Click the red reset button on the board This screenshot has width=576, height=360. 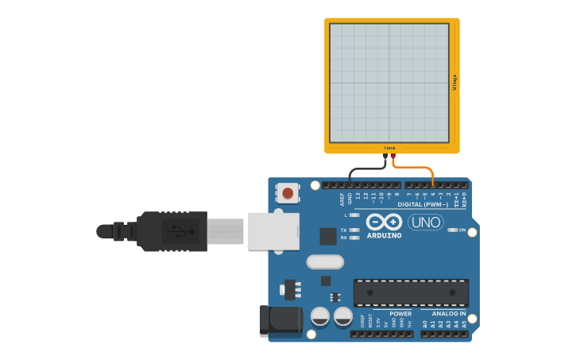288,192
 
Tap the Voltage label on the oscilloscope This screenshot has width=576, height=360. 454,82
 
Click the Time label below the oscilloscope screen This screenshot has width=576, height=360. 389,148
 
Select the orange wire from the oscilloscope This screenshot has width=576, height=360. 417,168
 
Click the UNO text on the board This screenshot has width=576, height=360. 426,223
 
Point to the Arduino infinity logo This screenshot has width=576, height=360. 385,223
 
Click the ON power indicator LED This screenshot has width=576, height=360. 453,230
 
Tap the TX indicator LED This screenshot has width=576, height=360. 355,230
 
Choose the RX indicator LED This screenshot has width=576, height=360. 355,238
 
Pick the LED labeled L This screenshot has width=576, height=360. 355,215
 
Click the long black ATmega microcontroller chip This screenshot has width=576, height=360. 411,292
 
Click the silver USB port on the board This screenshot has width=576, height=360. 273,231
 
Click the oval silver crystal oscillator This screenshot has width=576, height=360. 325,261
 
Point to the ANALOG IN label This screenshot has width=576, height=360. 449,314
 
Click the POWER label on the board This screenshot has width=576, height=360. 400,314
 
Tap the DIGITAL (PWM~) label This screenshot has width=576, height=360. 423,204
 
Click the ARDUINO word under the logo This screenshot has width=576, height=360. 385,235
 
